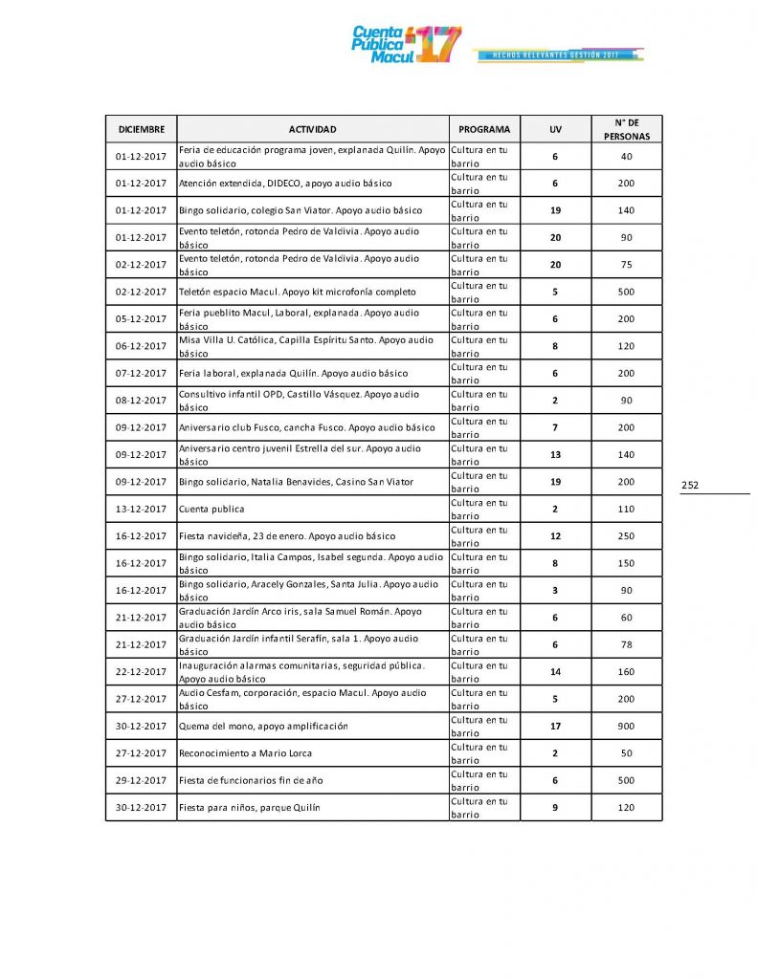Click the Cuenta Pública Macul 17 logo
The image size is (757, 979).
(407, 45)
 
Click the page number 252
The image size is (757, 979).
(690, 486)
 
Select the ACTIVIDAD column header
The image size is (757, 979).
(312, 129)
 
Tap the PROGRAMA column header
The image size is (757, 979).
(483, 129)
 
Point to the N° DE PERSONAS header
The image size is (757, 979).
(626, 129)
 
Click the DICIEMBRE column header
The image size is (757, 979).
(141, 129)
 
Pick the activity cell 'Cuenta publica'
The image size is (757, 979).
(212, 510)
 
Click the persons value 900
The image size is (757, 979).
(626, 727)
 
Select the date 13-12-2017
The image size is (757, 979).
(141, 510)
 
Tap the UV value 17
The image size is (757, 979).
(555, 727)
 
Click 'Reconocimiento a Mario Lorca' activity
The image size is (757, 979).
(247, 753)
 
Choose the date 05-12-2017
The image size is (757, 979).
(141, 319)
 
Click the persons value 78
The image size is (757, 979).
(626, 645)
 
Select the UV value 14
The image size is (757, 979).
(555, 672)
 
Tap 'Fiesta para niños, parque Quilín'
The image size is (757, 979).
(250, 808)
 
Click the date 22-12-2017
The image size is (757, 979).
(141, 672)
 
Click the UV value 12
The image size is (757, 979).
(555, 536)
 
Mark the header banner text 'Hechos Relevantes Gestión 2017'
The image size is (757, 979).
(555, 55)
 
